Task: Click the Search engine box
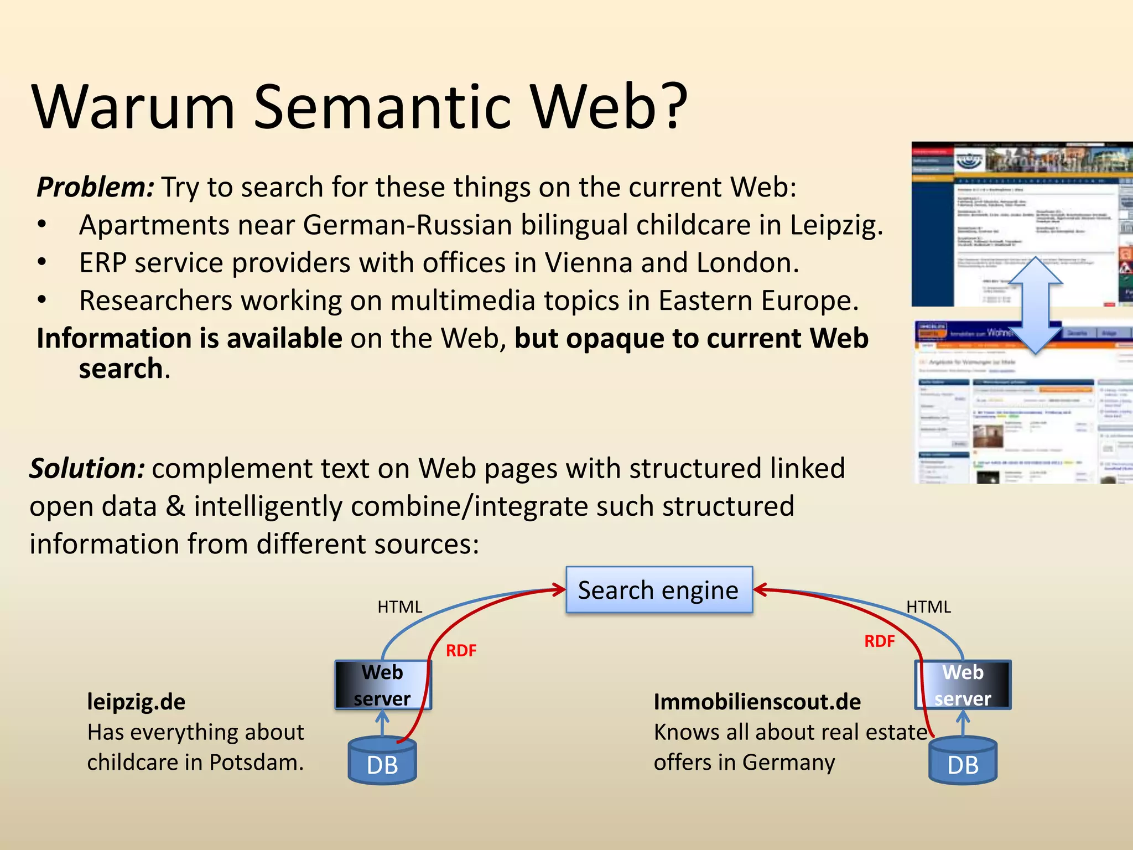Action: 658,590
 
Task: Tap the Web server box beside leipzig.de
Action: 383,685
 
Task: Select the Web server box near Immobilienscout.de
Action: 963,685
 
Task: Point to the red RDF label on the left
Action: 461,650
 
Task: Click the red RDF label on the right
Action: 879,641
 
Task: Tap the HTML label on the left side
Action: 399,607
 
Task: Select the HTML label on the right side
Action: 928,607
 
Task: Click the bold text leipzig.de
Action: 136,702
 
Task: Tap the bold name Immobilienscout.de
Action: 757,702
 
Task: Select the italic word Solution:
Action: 87,468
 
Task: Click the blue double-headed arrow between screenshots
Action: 1035,305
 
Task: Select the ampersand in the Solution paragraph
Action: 175,506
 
